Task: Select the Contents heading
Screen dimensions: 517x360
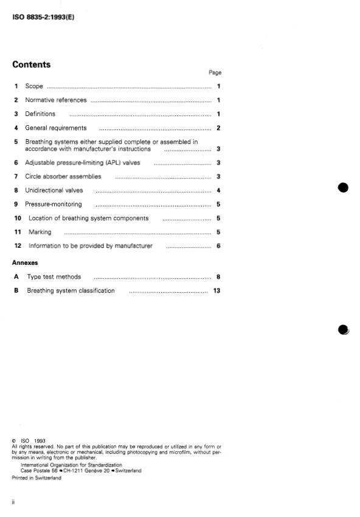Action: pos(32,65)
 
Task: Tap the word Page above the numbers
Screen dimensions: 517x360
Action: pos(215,72)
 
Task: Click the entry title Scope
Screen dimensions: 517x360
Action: pos(34,87)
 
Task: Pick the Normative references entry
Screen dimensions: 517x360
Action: pos(56,100)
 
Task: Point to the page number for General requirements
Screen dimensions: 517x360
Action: pos(218,128)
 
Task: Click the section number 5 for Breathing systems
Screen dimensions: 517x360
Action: pos(16,142)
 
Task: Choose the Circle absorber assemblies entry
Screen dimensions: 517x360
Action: pos(63,177)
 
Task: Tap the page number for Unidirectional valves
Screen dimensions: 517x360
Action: pos(218,191)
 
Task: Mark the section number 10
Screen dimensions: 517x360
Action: pos(18,218)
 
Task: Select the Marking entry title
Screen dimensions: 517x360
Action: pos(40,232)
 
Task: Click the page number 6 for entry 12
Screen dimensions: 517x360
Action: pos(218,246)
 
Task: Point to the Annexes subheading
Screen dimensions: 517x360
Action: pos(25,263)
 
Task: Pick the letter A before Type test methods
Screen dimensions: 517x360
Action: pos(16,277)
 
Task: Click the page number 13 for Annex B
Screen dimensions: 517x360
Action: pos(216,291)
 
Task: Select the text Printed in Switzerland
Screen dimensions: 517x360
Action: pos(36,478)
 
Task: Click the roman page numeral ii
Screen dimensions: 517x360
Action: pos(14,502)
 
